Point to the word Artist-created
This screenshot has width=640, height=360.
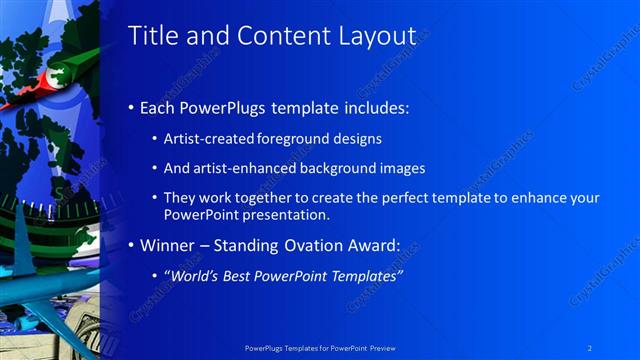coord(207,138)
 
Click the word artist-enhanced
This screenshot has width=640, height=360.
coord(240,168)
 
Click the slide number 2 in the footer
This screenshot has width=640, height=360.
coord(590,347)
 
